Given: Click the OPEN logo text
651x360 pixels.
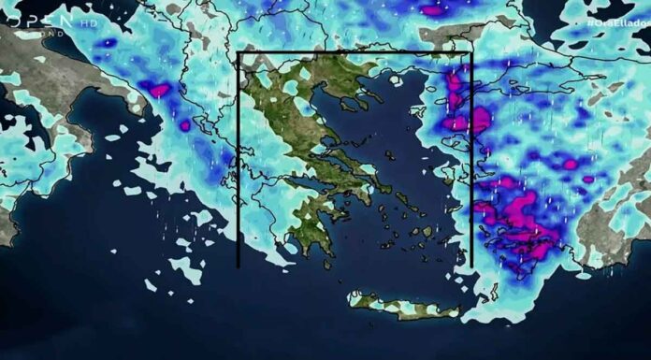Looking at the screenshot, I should pos(37,20).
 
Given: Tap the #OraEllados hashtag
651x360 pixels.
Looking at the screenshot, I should pos(617,21).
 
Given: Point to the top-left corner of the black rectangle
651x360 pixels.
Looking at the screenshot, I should pos(240,52).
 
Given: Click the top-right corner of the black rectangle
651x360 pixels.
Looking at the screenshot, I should pos(471,52).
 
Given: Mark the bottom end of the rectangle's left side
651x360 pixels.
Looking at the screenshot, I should pos(239,266).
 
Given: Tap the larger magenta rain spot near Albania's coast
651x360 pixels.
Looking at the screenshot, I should pos(156,91).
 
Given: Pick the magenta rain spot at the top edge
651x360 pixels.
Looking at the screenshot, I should pos(433,10).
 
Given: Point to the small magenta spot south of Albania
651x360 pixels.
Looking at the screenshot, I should pos(184,124).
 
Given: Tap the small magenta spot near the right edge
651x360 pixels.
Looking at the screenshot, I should pos(588,179).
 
